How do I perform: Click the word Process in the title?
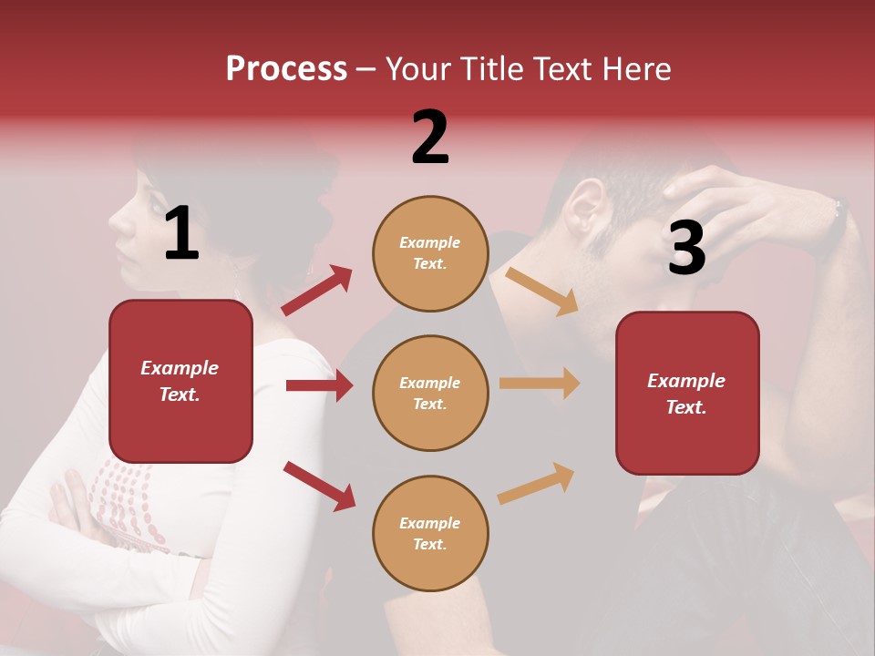coord(286,69)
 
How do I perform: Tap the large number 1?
coord(181,234)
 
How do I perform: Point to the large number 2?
coord(430,138)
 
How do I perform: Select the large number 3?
coord(686,248)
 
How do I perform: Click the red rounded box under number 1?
coord(180,381)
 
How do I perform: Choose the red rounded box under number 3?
coord(687,393)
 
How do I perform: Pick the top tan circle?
coord(430,253)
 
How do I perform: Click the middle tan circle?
coord(430,393)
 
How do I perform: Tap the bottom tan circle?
coord(430,533)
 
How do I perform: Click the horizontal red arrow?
coord(319,385)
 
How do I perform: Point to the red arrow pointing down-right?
coord(319,486)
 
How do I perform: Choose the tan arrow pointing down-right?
coord(541,291)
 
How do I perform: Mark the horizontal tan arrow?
coord(540,384)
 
